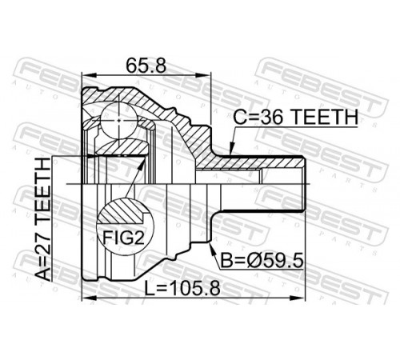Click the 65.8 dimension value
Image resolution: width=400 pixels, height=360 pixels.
point(146,66)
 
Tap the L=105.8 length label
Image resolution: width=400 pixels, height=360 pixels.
point(182,288)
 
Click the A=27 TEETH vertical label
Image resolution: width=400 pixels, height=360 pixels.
point(42,219)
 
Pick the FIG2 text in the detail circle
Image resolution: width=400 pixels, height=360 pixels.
point(123,238)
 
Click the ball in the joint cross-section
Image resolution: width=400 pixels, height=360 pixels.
point(118,120)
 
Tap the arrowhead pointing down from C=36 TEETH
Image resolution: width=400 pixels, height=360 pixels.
point(231,149)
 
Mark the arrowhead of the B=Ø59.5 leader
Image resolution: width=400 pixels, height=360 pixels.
point(211,246)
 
